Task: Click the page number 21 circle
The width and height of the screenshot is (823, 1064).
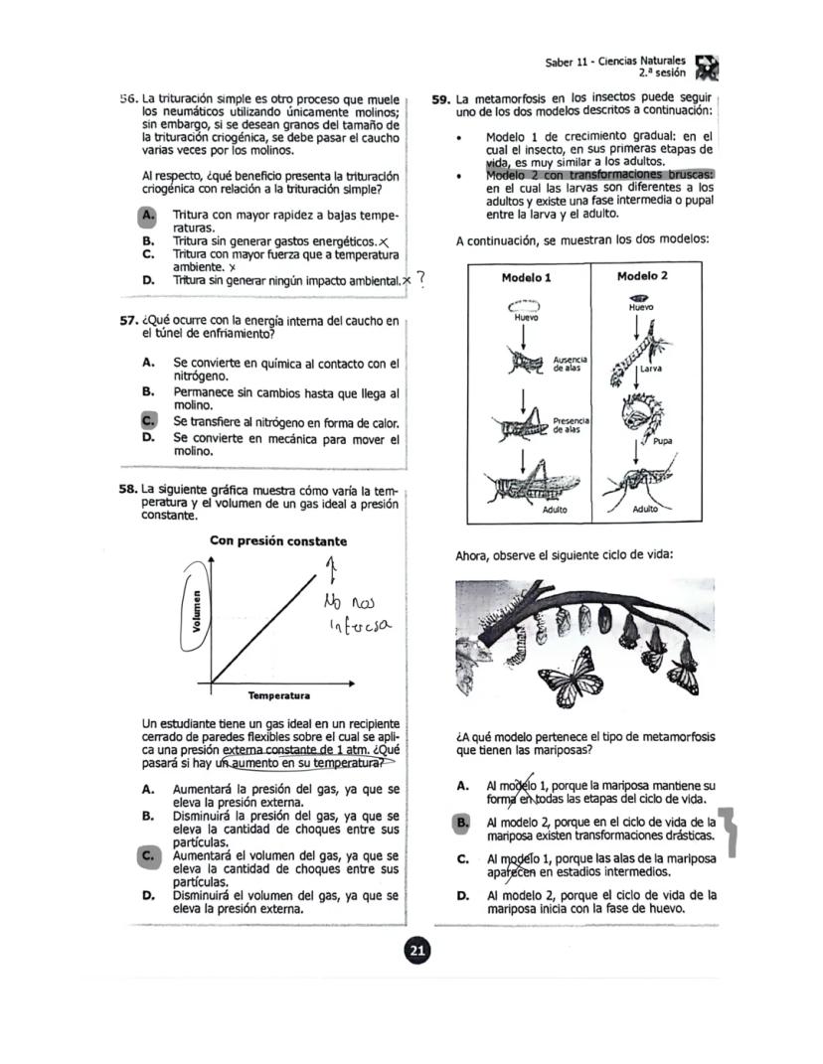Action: pos(417,952)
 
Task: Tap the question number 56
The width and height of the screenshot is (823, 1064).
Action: pos(128,99)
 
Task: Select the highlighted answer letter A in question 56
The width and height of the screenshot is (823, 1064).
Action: pos(148,215)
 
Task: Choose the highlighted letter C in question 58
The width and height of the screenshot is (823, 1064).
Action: pos(148,854)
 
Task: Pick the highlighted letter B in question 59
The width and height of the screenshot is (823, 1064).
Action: pos(461,823)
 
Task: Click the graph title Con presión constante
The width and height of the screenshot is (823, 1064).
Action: pos(278,541)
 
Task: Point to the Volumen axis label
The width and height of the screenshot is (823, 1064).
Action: pos(198,612)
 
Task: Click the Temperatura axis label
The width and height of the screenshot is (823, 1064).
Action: pos(278,695)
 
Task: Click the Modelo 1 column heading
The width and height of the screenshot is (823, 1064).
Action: pos(527,277)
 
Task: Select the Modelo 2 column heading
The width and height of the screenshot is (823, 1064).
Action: pos(642,276)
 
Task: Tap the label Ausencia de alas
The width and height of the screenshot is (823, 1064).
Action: pos(570,364)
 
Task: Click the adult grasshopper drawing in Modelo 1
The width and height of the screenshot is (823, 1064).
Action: pos(527,482)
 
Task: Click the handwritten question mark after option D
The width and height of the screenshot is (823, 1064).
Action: pos(421,280)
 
